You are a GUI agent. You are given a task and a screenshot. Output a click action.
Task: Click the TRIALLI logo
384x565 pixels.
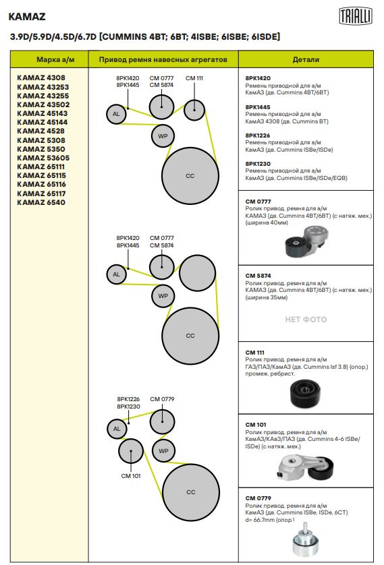(355, 17)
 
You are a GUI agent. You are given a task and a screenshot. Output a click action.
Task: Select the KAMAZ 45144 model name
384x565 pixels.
(43, 122)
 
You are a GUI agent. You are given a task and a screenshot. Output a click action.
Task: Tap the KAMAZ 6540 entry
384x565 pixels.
(41, 202)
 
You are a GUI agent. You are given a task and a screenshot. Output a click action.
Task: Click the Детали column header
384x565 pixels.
(306, 59)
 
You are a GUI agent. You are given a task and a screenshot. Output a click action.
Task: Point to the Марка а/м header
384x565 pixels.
(55, 59)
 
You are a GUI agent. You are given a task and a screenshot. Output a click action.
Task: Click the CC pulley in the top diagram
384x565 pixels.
(190, 175)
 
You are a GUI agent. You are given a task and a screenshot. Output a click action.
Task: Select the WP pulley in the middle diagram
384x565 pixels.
(163, 296)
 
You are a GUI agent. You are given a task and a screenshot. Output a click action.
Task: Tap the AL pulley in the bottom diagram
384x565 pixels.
(117, 429)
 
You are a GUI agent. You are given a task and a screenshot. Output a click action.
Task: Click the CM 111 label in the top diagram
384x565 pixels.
(194, 78)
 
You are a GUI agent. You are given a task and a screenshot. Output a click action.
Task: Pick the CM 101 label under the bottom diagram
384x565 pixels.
(131, 476)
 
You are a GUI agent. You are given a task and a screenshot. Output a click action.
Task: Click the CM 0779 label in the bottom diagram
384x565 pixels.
(162, 399)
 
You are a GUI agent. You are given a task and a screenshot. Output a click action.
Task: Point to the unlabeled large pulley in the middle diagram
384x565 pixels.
(198, 273)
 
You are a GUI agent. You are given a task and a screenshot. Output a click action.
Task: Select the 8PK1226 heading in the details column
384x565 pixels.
(258, 136)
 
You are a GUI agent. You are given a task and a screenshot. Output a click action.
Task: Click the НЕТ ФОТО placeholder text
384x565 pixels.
(306, 320)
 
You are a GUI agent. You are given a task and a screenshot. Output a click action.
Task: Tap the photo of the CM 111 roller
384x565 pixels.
(304, 394)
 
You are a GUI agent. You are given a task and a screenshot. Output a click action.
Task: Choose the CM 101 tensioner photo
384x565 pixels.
(306, 467)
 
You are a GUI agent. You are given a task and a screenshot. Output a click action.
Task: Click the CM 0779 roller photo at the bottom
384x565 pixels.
(306, 539)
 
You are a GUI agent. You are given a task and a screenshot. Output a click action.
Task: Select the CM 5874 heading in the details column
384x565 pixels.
(258, 276)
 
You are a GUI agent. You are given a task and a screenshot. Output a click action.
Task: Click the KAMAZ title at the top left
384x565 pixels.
(27, 17)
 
